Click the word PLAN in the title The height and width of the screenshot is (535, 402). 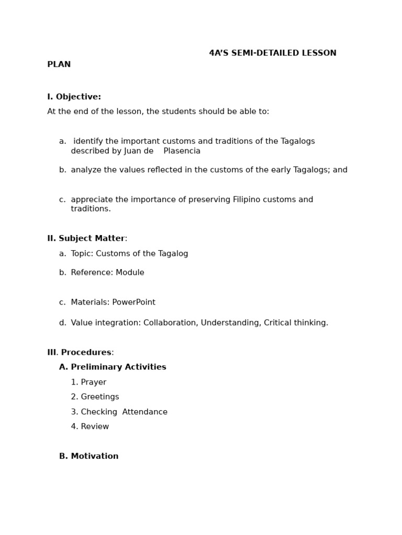tap(59, 65)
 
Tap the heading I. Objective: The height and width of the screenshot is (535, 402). tap(74, 97)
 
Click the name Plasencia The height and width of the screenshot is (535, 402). tap(182, 151)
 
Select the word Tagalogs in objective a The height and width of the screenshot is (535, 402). tap(298, 142)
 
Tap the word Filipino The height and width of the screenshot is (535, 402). tap(248, 200)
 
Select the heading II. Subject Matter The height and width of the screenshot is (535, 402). tap(86, 239)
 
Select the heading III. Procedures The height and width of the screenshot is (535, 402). tap(80, 353)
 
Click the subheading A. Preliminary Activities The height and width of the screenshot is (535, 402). tap(113, 367)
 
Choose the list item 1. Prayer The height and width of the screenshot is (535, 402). tap(88, 382)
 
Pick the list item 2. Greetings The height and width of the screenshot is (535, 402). tap(95, 397)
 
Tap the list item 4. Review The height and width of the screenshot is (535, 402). tap(90, 427)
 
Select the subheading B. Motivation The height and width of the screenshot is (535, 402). tap(88, 457)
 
